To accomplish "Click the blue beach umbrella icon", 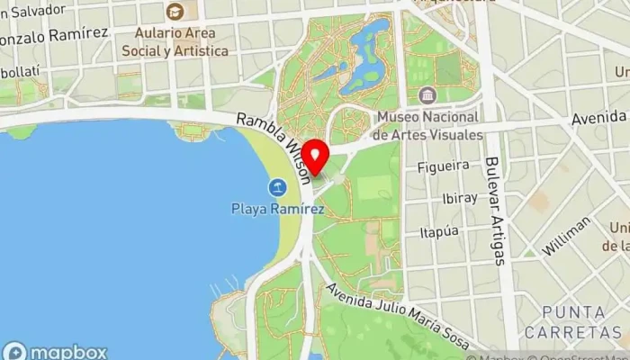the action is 277,187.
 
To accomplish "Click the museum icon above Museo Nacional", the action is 427,95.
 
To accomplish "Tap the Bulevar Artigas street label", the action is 496,211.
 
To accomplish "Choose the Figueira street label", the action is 443,166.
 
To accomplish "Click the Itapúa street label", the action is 440,233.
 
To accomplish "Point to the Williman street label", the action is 566,235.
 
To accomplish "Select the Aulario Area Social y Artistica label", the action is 181,41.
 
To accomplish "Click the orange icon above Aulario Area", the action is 175,12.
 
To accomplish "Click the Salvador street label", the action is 40,10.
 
